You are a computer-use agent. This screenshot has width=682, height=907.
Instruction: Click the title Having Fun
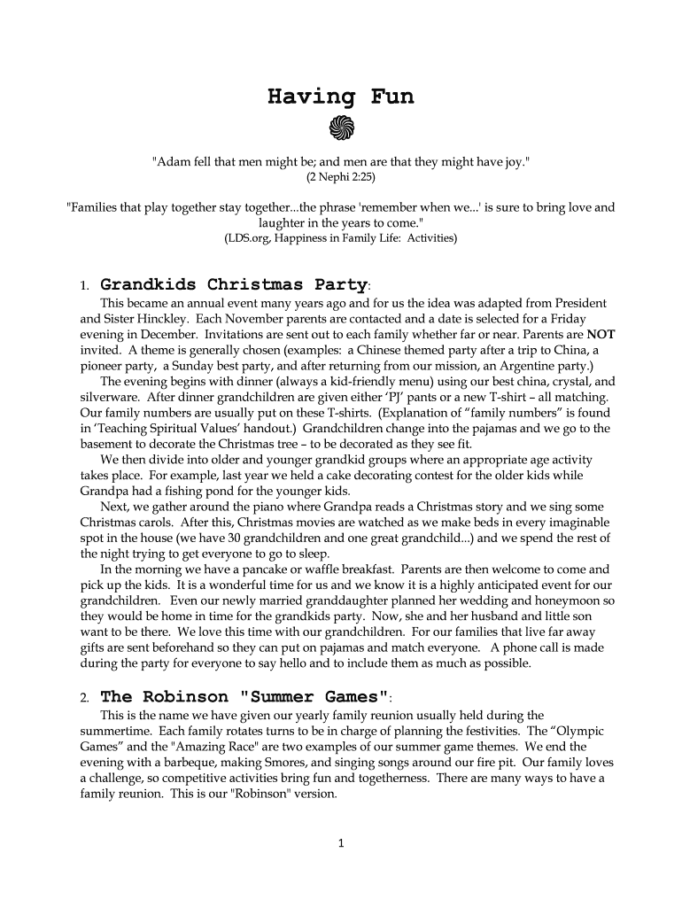pos(340,97)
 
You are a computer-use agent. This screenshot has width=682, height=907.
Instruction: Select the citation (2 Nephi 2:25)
pos(341,177)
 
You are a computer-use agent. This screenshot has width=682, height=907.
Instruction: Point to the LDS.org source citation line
pos(341,238)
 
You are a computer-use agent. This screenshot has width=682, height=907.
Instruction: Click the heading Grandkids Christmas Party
pos(233,285)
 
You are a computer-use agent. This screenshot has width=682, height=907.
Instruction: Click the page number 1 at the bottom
pos(341,842)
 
